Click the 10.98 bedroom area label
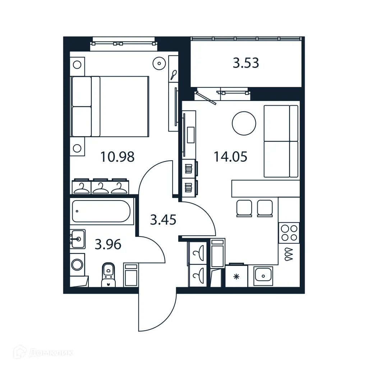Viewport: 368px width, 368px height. (x=118, y=157)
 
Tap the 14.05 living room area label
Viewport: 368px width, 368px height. (x=230, y=157)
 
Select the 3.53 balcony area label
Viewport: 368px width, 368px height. (x=246, y=63)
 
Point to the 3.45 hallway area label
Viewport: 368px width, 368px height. (x=163, y=220)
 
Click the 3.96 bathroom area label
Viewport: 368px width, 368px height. (x=108, y=245)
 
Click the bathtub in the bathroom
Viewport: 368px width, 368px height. (x=101, y=211)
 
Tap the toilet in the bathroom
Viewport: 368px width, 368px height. (x=108, y=275)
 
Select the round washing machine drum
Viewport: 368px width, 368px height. (x=77, y=265)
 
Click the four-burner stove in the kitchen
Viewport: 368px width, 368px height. (x=289, y=232)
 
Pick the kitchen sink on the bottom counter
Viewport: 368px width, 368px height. (x=263, y=276)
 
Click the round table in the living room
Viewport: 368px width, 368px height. (x=244, y=123)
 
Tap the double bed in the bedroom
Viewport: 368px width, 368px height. (x=110, y=106)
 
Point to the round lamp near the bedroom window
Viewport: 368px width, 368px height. (x=158, y=64)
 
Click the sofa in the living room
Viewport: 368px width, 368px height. (x=281, y=141)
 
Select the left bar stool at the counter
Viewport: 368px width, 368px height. (x=244, y=208)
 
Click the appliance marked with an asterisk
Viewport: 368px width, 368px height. (x=236, y=276)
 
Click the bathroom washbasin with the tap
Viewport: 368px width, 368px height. (x=78, y=238)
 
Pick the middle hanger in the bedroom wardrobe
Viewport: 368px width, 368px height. (x=101, y=187)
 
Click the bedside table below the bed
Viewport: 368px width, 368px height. (x=77, y=147)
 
